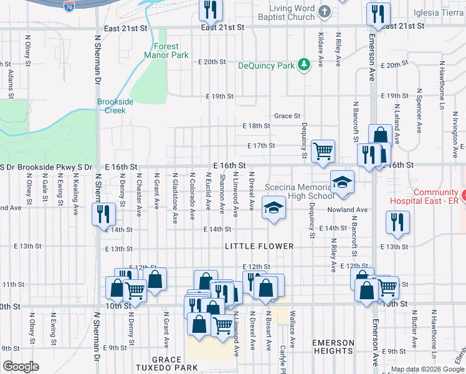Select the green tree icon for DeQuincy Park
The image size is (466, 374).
coord(303,65)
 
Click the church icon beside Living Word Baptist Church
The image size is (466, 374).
coord(324,11)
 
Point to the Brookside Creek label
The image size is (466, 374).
coord(111,106)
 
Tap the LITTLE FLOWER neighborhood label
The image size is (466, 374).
coord(259,246)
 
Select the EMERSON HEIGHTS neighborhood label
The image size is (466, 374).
coord(333,347)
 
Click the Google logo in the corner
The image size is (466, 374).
coord(21,367)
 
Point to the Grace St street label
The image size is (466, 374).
coord(287,116)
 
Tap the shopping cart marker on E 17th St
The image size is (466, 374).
coord(323,151)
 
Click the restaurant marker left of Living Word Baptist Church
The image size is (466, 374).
coord(211,9)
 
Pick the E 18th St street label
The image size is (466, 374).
coord(256,126)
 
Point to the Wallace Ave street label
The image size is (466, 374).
coord(292,322)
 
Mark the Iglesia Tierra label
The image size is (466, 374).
coord(439,12)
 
